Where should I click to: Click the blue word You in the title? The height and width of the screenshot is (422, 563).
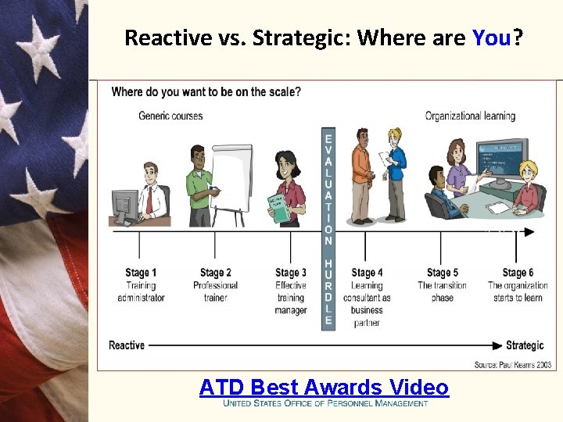click(491, 38)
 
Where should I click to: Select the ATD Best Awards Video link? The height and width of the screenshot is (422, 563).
click(324, 387)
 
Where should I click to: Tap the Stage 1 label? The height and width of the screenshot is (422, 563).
click(141, 273)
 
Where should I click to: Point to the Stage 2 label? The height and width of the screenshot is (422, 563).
click(216, 273)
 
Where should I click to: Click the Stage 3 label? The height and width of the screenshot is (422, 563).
click(291, 273)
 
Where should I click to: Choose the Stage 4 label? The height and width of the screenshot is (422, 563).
click(367, 273)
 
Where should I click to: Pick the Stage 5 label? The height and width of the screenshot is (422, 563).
click(443, 273)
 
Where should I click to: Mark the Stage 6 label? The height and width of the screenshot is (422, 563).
click(518, 273)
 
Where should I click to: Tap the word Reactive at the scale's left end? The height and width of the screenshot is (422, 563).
click(127, 345)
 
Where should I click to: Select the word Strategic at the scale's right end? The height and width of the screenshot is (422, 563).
click(525, 345)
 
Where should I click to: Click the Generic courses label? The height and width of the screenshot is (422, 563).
click(170, 116)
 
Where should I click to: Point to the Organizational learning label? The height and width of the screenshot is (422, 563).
click(470, 116)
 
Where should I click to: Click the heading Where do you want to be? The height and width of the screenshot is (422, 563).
click(206, 92)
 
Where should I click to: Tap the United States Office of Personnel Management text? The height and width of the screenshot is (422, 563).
click(325, 403)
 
